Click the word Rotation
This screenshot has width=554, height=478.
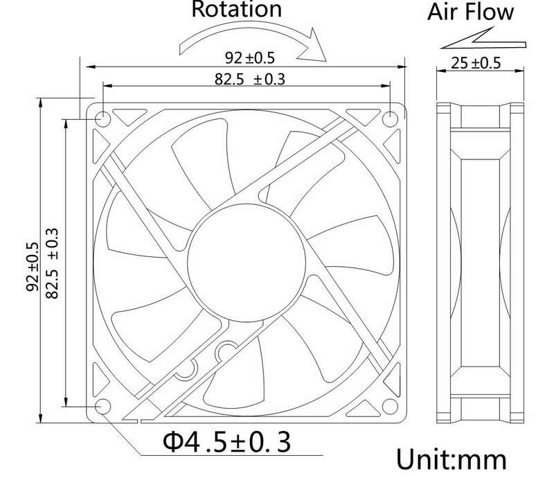coord(236,9)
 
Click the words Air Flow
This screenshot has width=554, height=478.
coord(470,12)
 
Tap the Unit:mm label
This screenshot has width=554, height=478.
coord(452,459)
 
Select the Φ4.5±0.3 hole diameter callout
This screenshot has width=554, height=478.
coord(227,442)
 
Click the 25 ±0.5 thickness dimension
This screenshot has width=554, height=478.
coord(476,63)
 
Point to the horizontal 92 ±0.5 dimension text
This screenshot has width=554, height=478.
coord(250,58)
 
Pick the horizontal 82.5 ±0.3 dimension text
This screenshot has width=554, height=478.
coord(250,79)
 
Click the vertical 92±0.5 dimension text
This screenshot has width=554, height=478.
coord(32,267)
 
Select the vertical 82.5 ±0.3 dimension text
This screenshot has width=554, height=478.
coord(51,263)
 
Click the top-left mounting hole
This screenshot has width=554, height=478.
coord(103,119)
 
